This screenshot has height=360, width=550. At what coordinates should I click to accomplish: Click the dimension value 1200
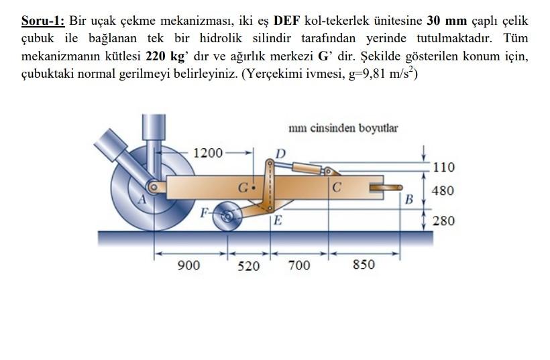point(208,152)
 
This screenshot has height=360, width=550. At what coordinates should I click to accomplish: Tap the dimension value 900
point(189,265)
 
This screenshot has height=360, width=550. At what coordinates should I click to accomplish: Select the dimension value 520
point(248,266)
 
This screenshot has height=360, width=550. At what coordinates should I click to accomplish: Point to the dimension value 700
point(299,265)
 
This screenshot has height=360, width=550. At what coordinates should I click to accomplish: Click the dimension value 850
point(364,265)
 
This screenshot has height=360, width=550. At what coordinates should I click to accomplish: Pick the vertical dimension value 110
point(444,167)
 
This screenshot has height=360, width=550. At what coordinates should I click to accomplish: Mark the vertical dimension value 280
point(443,220)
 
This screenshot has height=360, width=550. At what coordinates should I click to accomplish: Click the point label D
point(280,154)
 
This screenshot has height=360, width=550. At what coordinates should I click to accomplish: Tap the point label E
point(278,222)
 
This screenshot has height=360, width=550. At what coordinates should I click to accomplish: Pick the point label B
point(408,199)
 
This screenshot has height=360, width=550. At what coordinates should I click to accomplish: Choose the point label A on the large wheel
point(142,198)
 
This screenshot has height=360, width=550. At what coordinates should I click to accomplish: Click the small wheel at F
point(229,216)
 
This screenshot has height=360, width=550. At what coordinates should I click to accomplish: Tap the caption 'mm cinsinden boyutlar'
point(343,128)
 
